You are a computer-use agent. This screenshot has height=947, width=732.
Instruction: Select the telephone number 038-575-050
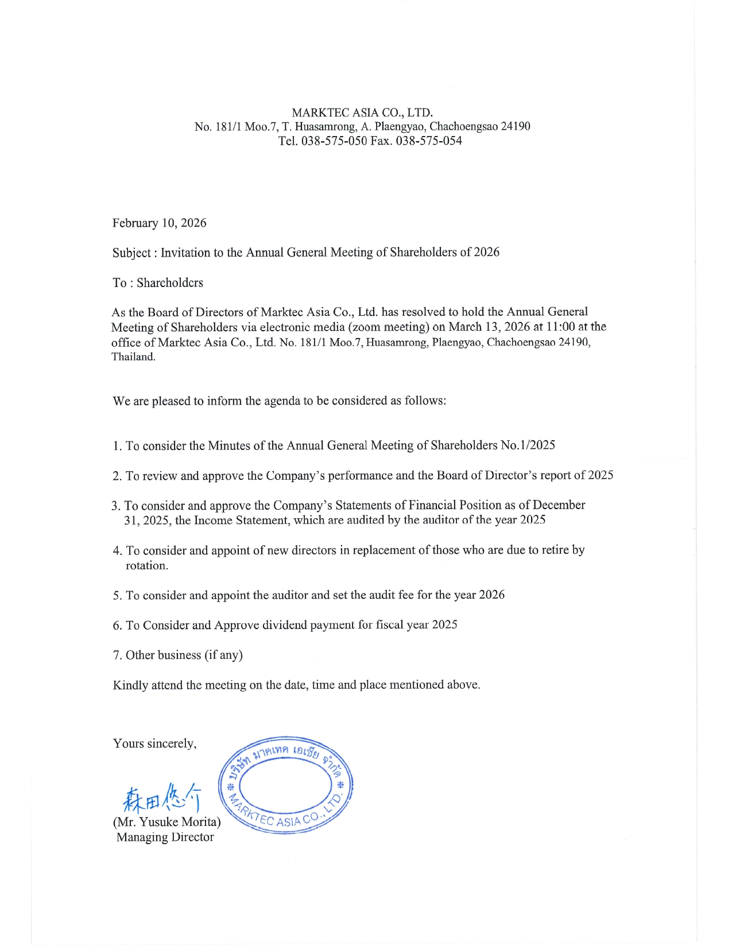point(334,141)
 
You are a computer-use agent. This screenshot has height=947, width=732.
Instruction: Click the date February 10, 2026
point(159,223)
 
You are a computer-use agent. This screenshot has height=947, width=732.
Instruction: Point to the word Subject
point(131,253)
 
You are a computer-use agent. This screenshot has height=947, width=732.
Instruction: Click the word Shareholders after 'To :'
point(170,282)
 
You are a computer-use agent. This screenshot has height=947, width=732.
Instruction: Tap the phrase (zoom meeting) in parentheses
point(388,327)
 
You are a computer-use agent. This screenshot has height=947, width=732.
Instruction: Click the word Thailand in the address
point(133,356)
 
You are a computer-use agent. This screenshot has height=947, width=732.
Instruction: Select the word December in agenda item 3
point(559,505)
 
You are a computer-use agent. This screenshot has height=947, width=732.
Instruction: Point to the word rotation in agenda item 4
point(146,565)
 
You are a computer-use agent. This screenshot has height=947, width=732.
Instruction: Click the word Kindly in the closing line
point(130,685)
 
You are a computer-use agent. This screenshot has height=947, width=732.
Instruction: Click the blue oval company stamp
point(286,784)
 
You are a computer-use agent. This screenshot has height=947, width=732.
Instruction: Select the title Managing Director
point(165,837)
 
